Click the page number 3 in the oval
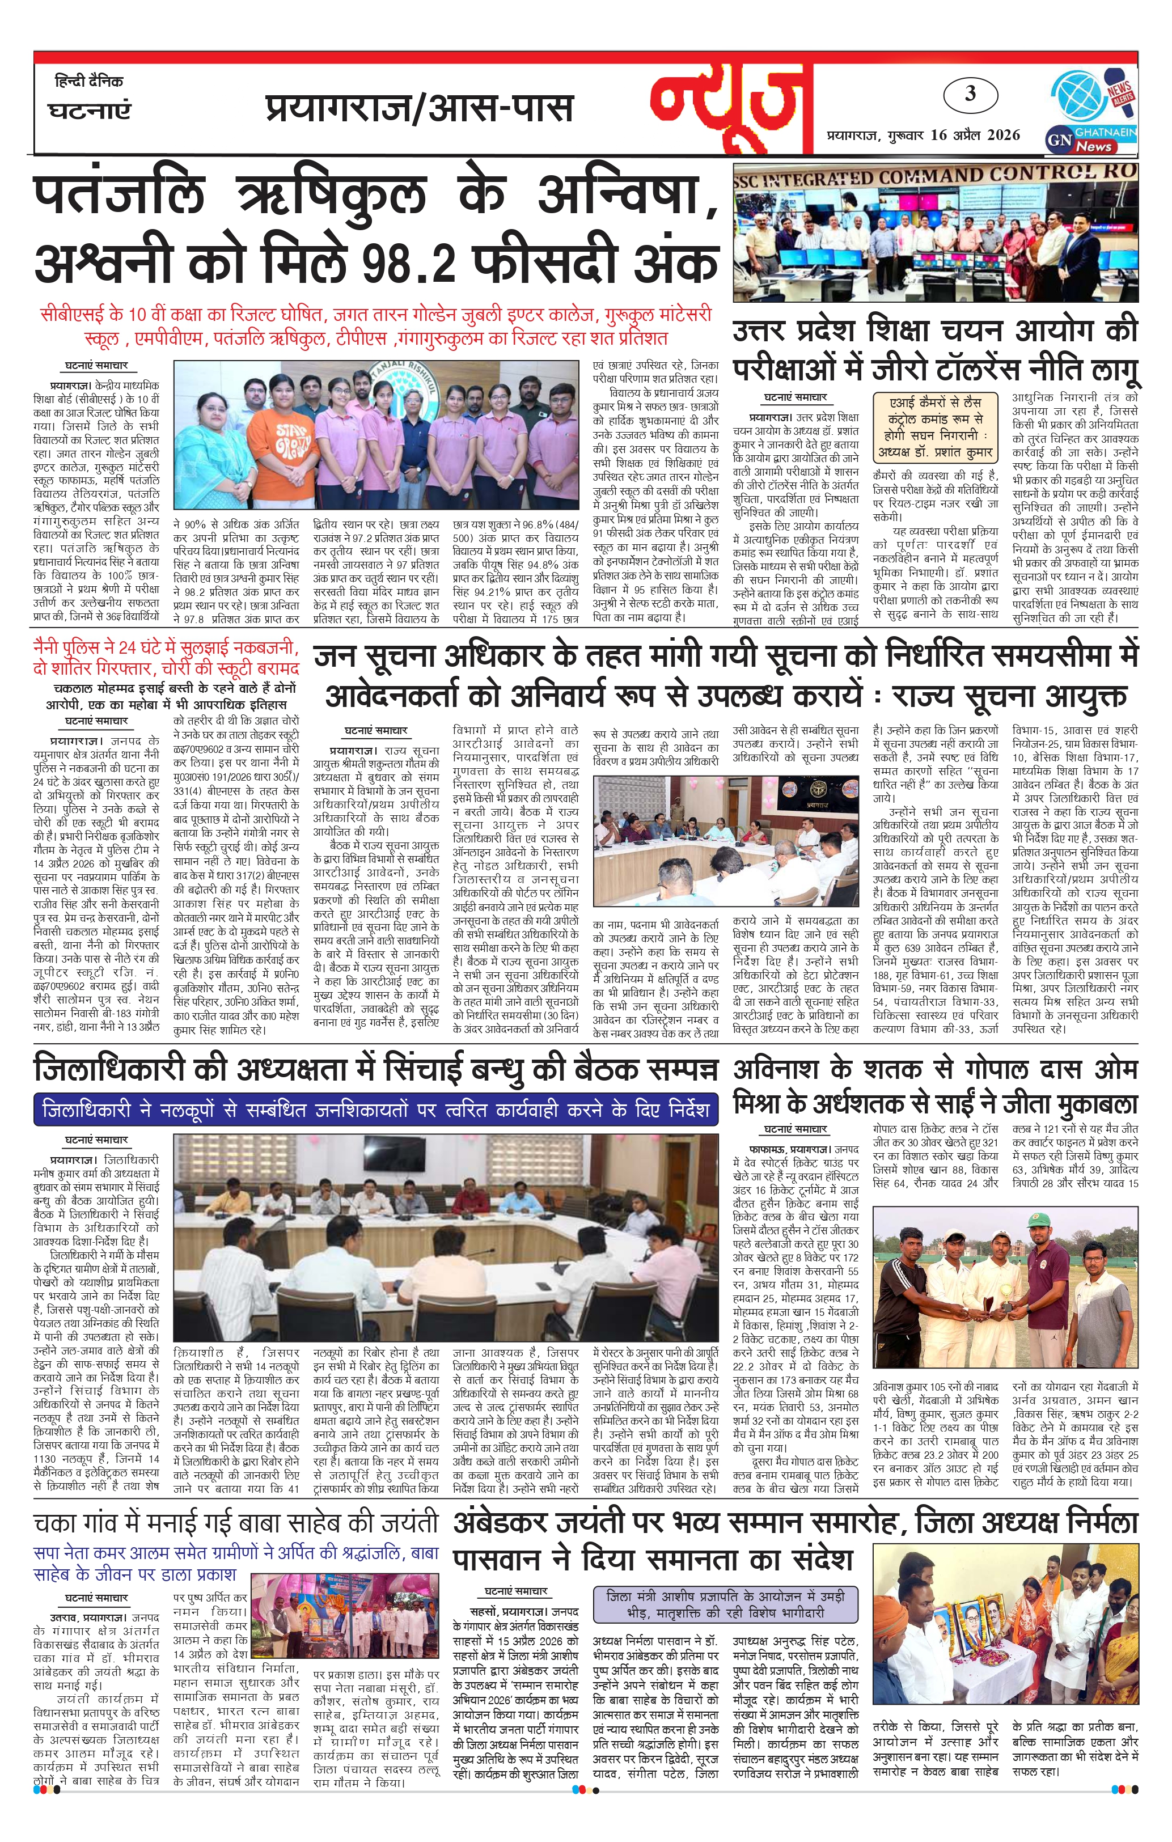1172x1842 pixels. [x=970, y=94]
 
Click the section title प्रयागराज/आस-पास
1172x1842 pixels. [x=419, y=108]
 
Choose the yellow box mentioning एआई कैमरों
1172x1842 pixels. [x=938, y=427]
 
